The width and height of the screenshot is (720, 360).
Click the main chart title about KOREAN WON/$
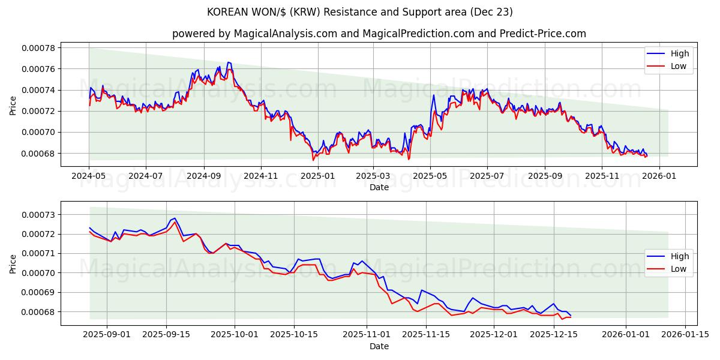tap(359, 12)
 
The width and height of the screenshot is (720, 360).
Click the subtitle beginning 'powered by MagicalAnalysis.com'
tap(379, 34)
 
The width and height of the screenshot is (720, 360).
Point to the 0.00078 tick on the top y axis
tap(38, 48)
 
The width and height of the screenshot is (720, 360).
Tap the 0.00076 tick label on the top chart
tap(38, 69)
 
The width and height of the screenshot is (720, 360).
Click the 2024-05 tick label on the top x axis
tap(89, 176)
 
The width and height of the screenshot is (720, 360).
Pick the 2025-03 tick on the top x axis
tap(373, 176)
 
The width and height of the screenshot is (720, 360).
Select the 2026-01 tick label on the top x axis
tap(659, 176)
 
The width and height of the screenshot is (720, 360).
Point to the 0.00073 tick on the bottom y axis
tap(38, 214)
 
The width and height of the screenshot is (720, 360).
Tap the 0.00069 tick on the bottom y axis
tap(38, 292)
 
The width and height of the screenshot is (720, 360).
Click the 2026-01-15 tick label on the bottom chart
tap(685, 335)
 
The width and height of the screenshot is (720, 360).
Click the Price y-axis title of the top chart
tap(13, 106)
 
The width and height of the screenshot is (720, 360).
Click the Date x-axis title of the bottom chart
tap(379, 346)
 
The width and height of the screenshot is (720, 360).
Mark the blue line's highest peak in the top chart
tap(228, 62)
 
